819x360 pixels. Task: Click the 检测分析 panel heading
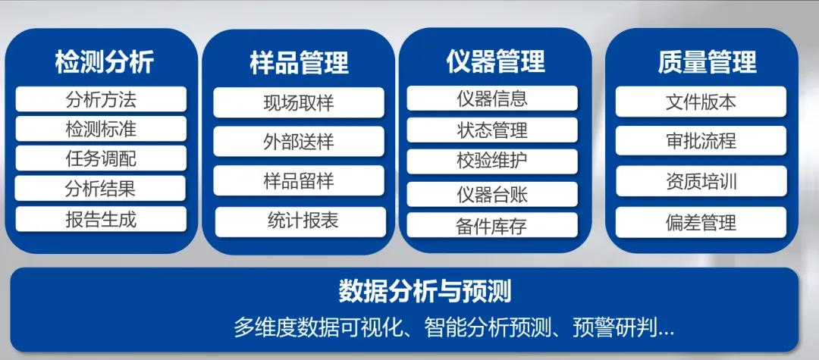pos(105,62)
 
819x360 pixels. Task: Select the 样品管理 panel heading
pos(300,63)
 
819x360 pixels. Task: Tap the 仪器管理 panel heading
pos(496,61)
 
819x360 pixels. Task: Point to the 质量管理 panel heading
pos(708,61)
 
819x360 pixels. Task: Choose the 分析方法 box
pos(101,99)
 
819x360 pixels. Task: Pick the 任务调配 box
pos(101,158)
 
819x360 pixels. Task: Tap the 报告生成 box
pos(101,219)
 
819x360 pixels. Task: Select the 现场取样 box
pos(299,103)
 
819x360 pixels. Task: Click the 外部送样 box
pos(299,142)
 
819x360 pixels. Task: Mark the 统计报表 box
pos(301,222)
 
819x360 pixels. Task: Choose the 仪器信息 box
pos(492,99)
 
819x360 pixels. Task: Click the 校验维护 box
pos(492,161)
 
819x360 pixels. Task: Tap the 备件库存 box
pos(492,225)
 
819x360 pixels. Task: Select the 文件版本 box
pos(701,102)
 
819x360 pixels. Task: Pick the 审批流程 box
pos(701,141)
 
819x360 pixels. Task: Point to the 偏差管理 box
pos(701,222)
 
